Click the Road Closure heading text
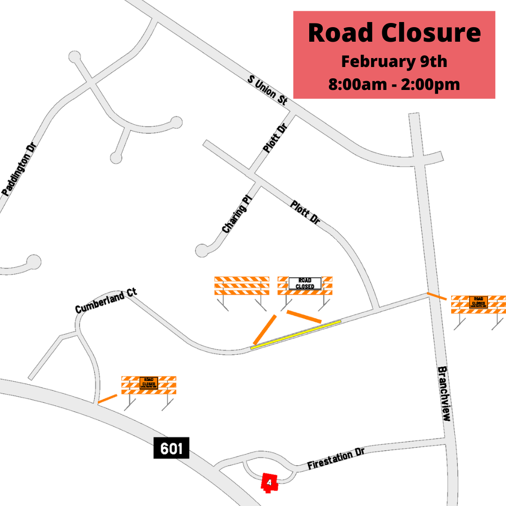point(394,33)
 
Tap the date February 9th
point(394,61)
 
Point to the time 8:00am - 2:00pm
point(394,85)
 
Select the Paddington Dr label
point(19,169)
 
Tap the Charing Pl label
point(238,216)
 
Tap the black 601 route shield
point(171,448)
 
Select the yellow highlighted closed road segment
point(296,335)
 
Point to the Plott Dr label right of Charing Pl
point(305,212)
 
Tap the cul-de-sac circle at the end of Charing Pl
point(202,251)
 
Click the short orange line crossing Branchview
point(436,296)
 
